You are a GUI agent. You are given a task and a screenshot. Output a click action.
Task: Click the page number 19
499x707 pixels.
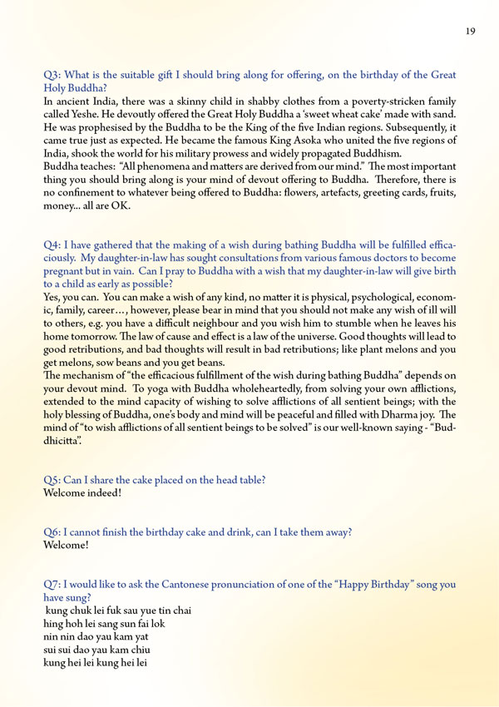pyautogui.click(x=470, y=31)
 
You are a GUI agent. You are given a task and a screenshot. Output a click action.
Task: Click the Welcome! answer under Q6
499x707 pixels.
pyautogui.click(x=66, y=547)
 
